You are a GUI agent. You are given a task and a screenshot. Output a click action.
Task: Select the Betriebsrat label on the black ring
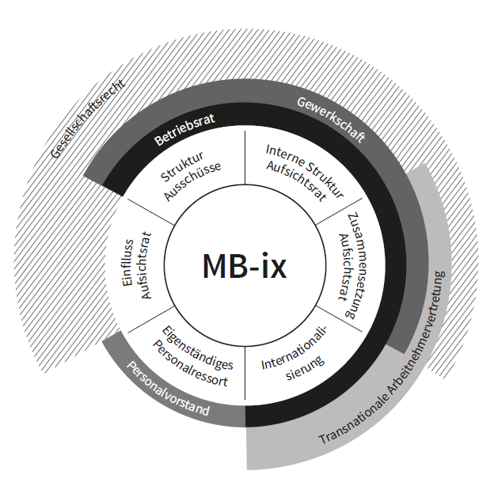pos(184,129)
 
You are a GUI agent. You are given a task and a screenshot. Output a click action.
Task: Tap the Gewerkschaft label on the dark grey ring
pos(331,120)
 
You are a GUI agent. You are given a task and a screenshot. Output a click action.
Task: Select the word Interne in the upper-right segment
pos(284,150)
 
